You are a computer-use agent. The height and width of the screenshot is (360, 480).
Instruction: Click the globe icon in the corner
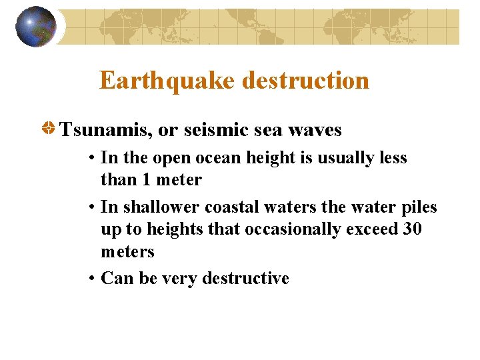pyautogui.click(x=35, y=26)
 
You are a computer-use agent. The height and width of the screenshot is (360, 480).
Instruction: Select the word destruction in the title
pyautogui.click(x=305, y=81)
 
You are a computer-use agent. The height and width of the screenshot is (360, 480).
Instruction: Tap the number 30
pyautogui.click(x=412, y=229)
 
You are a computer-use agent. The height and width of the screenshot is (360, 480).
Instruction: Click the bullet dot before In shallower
pyautogui.click(x=91, y=208)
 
